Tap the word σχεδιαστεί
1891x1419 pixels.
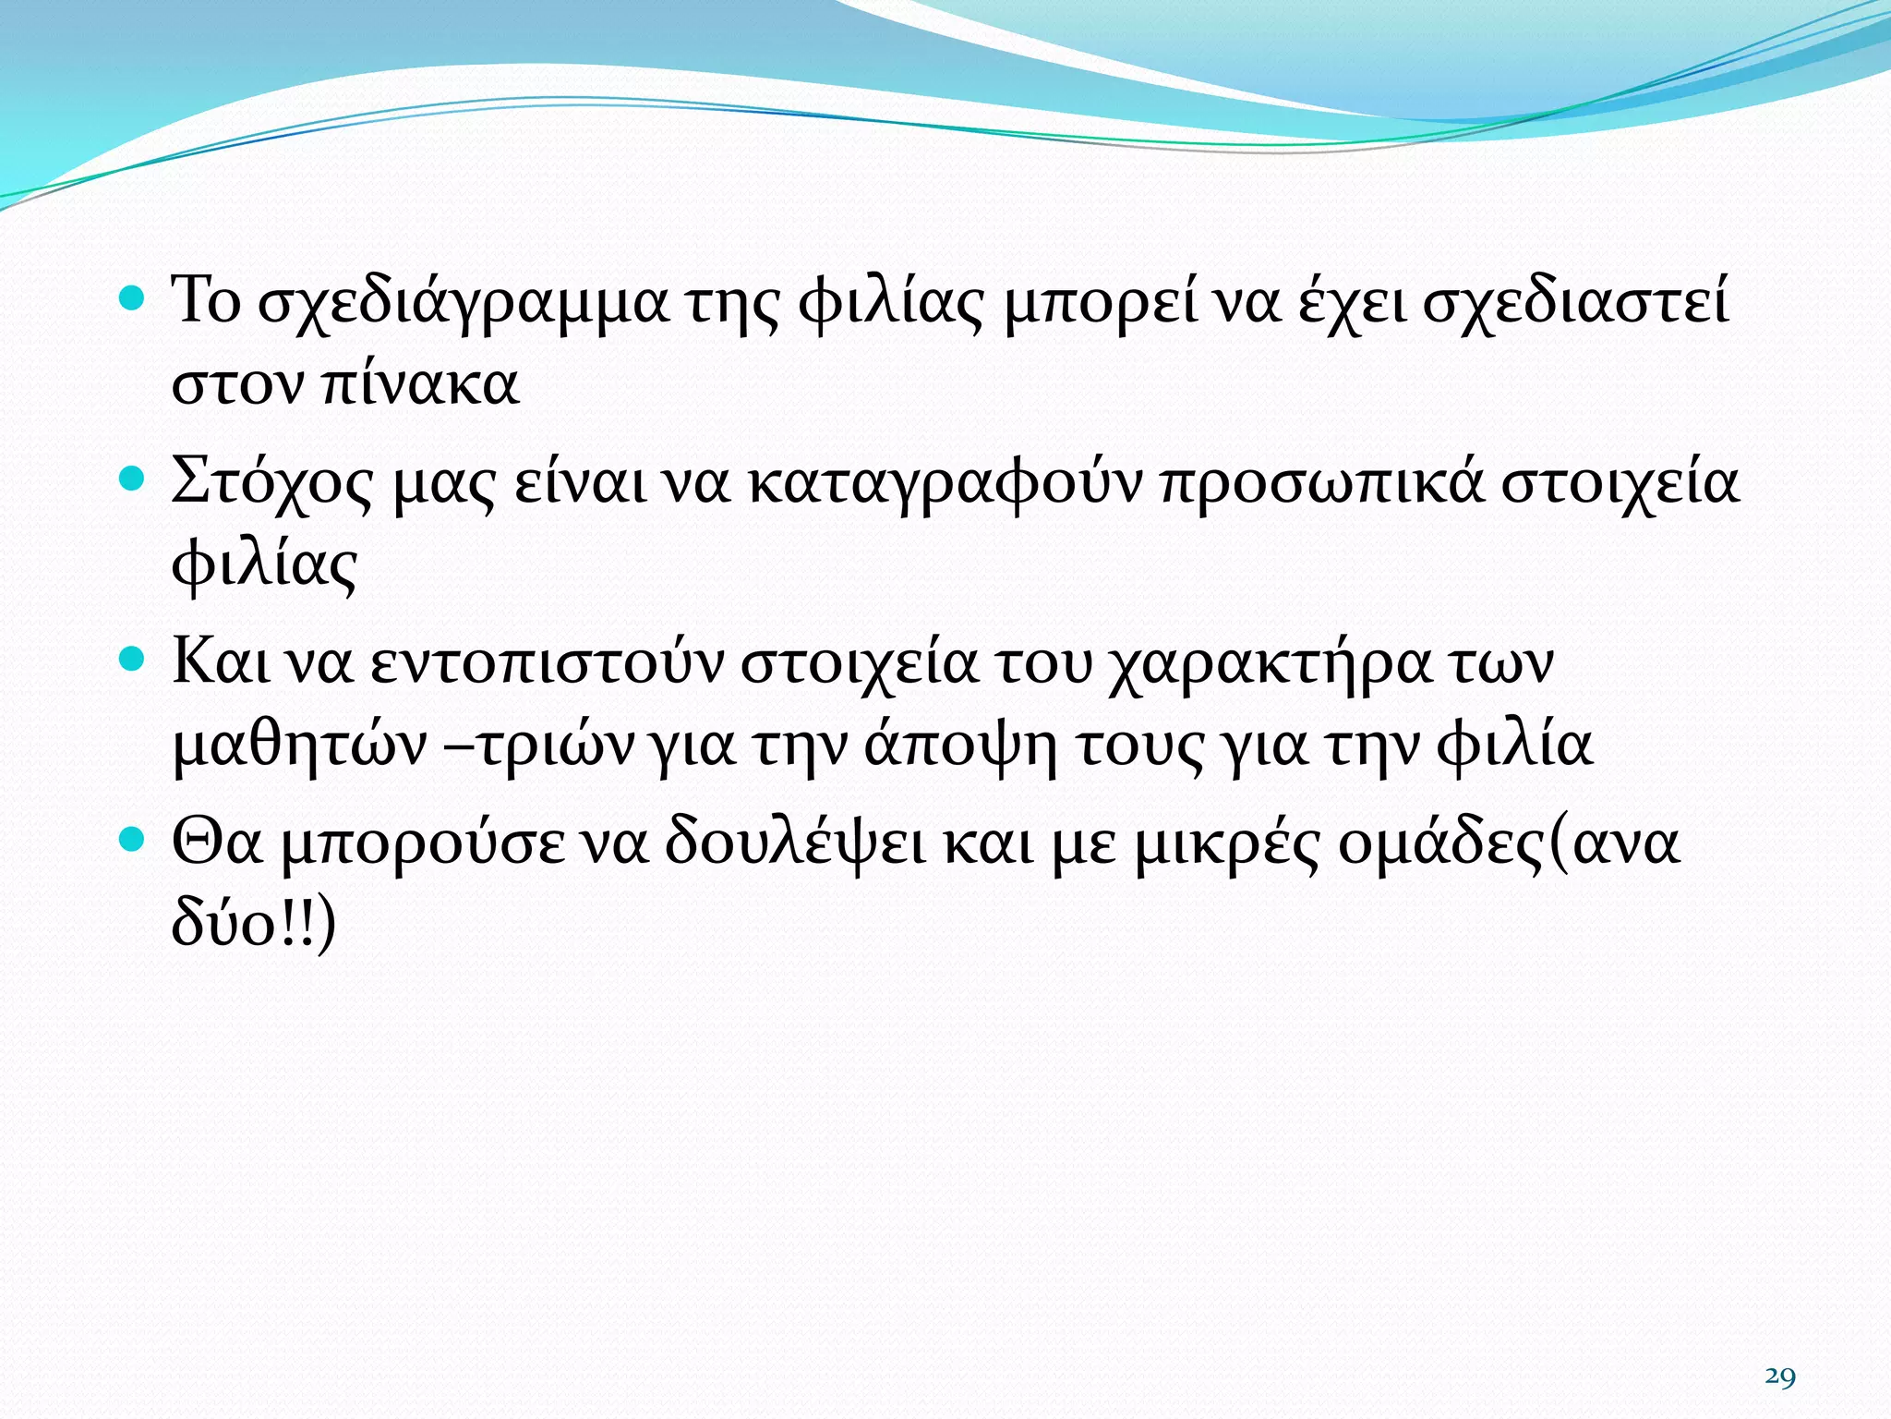point(1574,301)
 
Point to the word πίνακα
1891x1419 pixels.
point(421,383)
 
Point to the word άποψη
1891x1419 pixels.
point(960,745)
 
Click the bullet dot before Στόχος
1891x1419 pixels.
point(134,479)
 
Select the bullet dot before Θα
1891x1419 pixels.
point(134,839)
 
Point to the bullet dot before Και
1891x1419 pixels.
point(134,659)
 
